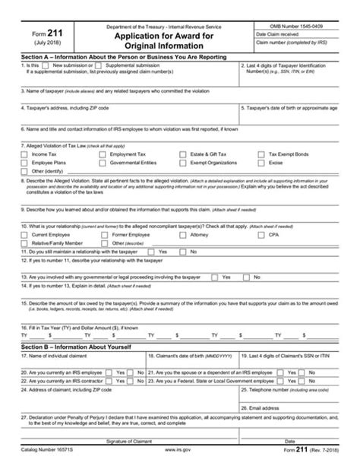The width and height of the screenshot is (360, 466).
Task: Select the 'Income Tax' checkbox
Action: pyautogui.click(x=26, y=154)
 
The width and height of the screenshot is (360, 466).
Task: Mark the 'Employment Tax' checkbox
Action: pyautogui.click(x=105, y=154)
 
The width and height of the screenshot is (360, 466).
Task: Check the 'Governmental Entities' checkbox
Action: pyautogui.click(x=105, y=163)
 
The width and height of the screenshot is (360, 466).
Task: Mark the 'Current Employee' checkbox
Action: pyautogui.click(x=26, y=235)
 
